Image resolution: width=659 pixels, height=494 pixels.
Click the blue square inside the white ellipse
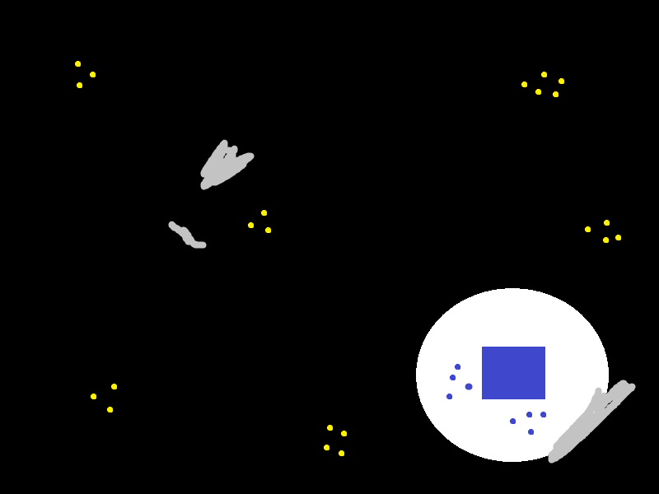coord(513,372)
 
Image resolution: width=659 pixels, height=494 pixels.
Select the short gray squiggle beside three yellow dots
coord(186,235)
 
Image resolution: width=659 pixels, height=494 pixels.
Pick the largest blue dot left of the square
coord(469,386)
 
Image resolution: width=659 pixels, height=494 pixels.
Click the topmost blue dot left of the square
coord(457,366)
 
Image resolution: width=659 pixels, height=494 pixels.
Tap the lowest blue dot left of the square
coord(449,396)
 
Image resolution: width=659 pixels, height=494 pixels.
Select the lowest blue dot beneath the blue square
coord(530,431)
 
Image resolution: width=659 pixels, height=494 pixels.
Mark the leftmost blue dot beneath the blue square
coord(512,421)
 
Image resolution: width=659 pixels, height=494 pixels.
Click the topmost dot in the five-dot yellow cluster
coord(544,74)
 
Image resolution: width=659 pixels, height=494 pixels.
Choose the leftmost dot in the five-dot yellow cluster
coord(524,84)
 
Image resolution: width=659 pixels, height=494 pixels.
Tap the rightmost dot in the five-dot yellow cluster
coord(561,81)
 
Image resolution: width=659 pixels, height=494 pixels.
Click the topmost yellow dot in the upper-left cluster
coord(77,63)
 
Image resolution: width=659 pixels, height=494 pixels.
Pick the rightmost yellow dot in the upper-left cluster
coord(92,74)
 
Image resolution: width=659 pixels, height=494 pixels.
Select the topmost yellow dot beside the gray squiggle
coord(264,212)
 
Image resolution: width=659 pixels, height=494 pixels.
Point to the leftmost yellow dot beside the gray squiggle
coord(250,225)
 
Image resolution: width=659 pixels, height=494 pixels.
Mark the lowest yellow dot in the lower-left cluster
coord(110,409)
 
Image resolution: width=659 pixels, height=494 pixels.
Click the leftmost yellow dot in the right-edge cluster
coord(587,229)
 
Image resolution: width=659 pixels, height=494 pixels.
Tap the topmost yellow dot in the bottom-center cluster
coord(329,427)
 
